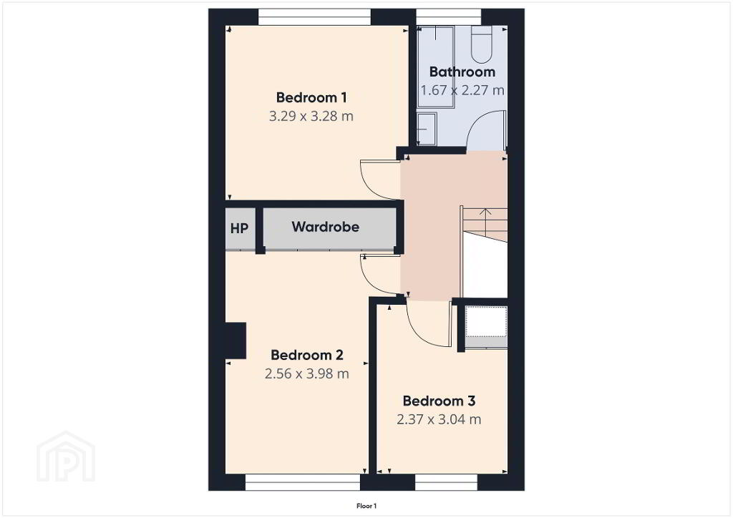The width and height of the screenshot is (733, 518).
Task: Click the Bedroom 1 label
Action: coord(311,97)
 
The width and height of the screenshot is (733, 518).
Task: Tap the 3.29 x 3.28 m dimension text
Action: coord(311,116)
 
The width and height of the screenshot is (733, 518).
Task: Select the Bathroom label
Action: coord(462,72)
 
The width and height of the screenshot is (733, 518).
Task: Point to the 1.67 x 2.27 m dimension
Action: coord(462,90)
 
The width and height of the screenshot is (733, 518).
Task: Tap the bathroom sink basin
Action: coord(426,129)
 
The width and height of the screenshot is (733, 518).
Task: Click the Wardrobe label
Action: coord(326,227)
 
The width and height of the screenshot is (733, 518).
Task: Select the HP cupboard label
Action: coord(239,229)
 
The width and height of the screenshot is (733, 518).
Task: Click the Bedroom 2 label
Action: coord(307,355)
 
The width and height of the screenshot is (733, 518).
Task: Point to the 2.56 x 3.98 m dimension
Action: coord(306,373)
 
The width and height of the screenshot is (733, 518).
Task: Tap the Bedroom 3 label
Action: coord(439,401)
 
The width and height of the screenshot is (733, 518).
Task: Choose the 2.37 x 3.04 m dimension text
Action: coord(439,419)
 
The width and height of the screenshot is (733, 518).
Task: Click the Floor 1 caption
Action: coord(366,506)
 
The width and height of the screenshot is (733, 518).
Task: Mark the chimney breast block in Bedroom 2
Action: coord(236,341)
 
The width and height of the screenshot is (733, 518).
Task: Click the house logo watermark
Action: coord(66,456)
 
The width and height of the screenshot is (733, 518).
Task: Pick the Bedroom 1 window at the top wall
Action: coord(315,17)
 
